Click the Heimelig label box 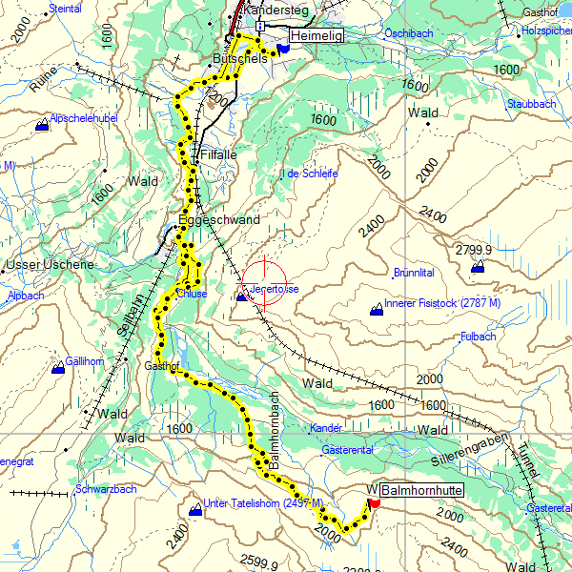click(x=316, y=35)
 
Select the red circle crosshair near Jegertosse click(x=264, y=282)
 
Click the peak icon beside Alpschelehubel click(x=42, y=125)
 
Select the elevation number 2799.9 click(x=473, y=249)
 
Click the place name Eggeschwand click(x=219, y=220)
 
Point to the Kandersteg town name click(x=278, y=10)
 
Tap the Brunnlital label click(x=414, y=273)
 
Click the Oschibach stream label click(x=408, y=32)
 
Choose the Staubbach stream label click(x=531, y=103)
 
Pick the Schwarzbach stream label click(x=106, y=489)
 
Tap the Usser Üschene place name click(x=50, y=264)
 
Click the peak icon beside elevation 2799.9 click(x=477, y=268)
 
